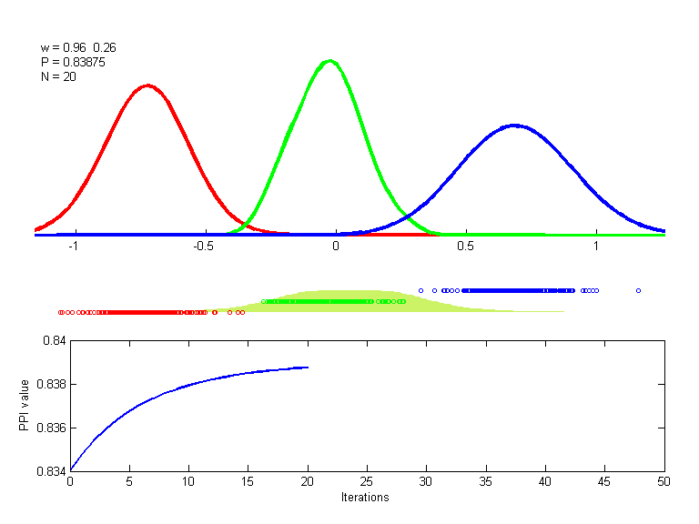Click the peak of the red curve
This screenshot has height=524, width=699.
(x=147, y=86)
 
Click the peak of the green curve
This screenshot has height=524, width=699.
(x=329, y=61)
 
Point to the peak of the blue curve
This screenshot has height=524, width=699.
(x=514, y=125)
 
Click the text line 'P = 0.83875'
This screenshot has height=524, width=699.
(x=70, y=62)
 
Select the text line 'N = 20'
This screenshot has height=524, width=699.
(x=58, y=76)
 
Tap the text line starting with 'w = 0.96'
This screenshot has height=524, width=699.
(x=78, y=47)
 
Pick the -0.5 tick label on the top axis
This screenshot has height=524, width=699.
(x=204, y=247)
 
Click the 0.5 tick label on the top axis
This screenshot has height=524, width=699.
(x=466, y=247)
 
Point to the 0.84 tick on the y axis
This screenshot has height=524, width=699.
(x=54, y=341)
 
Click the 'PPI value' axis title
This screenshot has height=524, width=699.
(x=25, y=406)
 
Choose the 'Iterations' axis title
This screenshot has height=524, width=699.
(x=365, y=498)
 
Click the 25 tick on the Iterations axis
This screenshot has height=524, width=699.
(x=367, y=482)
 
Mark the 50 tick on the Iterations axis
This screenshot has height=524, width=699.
(x=664, y=482)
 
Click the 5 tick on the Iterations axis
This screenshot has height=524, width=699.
(x=129, y=482)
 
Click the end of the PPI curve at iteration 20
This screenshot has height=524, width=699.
(x=308, y=368)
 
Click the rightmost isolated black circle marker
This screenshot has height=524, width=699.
(x=638, y=290)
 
